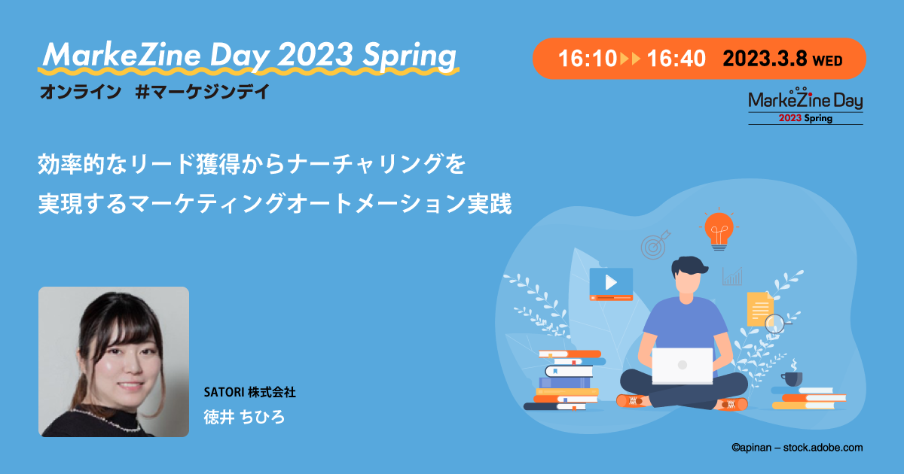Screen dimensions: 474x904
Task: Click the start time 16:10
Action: point(587,59)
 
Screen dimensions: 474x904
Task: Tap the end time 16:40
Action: point(676,59)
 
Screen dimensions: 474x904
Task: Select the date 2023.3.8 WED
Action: point(783,59)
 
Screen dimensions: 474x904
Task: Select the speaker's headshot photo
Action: point(114,362)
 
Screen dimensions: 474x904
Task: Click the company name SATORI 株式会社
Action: point(249,393)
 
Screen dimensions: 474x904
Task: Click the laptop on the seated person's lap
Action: point(682,365)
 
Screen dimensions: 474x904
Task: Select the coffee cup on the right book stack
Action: point(792,378)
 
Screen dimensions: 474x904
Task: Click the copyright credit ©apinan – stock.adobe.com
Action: point(797,448)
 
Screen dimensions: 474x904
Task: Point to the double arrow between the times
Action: point(631,59)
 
